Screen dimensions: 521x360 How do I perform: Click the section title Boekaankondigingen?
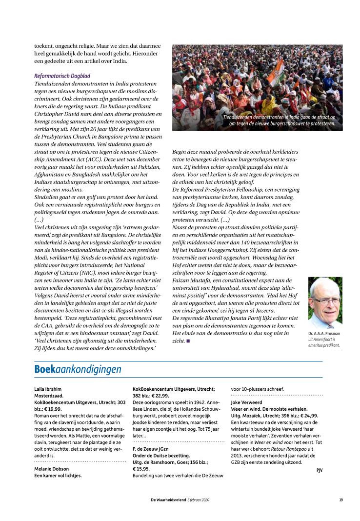point(78,369)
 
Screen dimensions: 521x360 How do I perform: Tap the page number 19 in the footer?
point(340,500)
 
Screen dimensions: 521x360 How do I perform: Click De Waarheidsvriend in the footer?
point(168,500)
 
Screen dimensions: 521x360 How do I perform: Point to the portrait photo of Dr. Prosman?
point(325,302)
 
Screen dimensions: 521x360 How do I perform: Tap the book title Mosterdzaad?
point(49,396)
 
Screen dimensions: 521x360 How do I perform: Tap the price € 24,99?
point(310,415)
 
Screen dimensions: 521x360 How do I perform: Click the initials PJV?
point(319,470)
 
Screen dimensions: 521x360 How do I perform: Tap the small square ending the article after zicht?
point(188,341)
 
